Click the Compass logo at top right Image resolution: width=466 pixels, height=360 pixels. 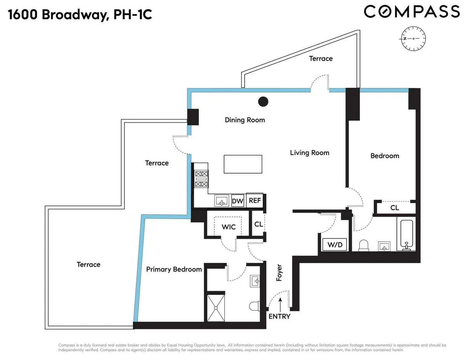click(x=412, y=11)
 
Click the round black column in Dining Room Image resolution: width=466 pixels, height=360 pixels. click(x=263, y=102)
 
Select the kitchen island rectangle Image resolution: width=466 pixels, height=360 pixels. click(x=243, y=164)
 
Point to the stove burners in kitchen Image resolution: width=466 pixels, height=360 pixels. click(x=201, y=179)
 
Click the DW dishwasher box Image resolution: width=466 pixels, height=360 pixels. click(x=237, y=201)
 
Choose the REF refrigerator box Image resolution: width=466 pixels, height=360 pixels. click(x=255, y=201)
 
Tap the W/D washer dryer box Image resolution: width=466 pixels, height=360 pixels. click(x=334, y=245)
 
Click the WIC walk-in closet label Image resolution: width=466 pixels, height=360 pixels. click(x=229, y=227)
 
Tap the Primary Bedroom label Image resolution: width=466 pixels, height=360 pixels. click(x=174, y=269)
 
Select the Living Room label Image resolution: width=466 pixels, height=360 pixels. click(x=310, y=153)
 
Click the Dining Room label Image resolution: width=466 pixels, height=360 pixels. click(x=245, y=120)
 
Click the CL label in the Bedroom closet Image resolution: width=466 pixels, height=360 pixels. click(x=395, y=208)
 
